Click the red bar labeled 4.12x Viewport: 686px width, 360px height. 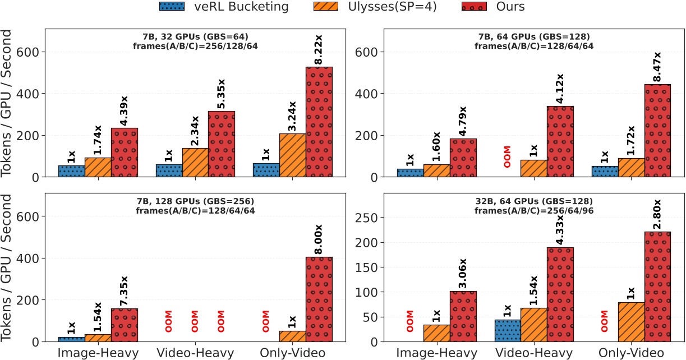coord(560,141)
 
